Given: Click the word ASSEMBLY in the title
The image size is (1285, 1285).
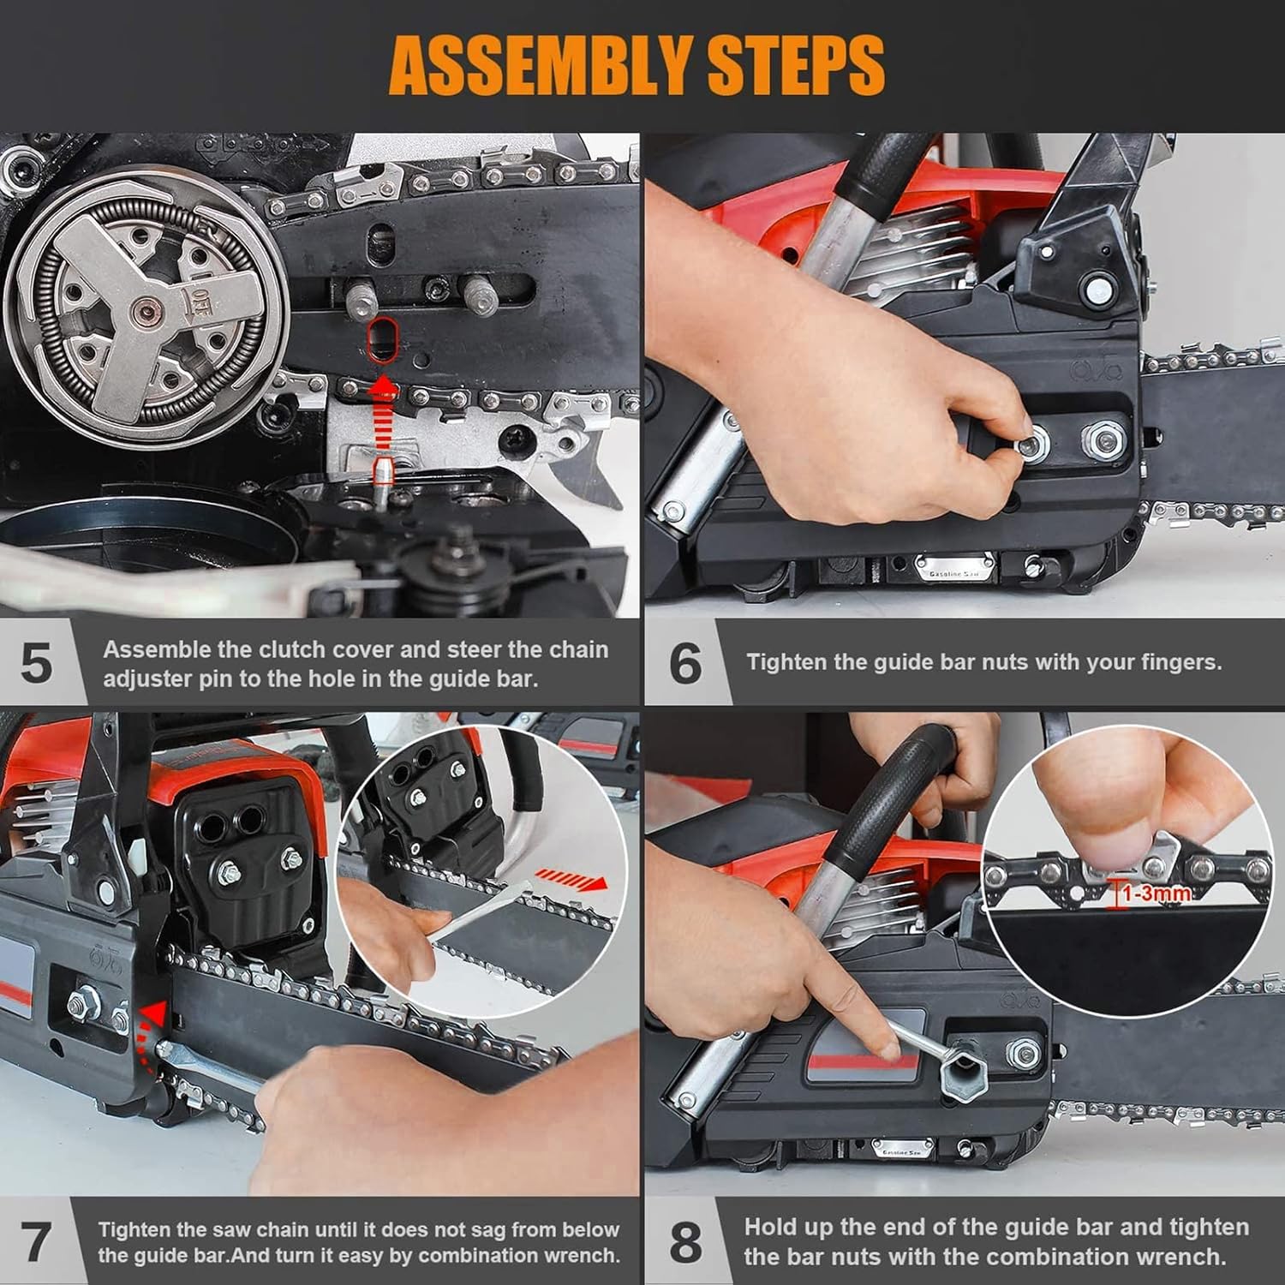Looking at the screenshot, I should [x=540, y=66].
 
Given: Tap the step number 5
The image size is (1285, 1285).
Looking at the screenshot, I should [x=36, y=663].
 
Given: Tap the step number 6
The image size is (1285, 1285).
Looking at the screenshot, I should [x=685, y=663].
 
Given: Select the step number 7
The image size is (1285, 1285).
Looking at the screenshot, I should [x=36, y=1242].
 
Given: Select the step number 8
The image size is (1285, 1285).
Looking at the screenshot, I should [x=685, y=1242].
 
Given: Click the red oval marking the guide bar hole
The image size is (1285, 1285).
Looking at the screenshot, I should [x=382, y=340].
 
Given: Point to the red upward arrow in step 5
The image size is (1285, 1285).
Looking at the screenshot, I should [x=383, y=411].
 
